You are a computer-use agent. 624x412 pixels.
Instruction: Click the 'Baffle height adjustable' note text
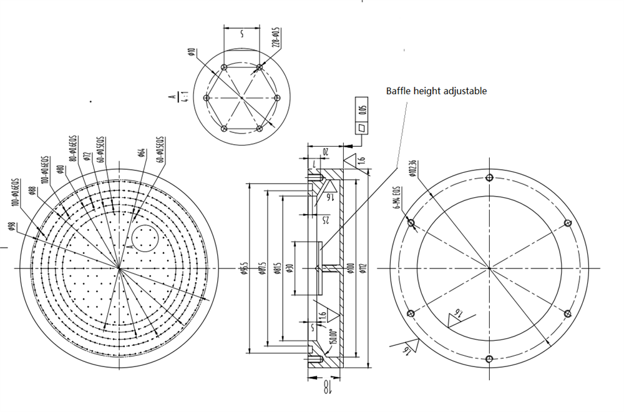436,91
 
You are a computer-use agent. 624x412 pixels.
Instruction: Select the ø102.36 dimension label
412,168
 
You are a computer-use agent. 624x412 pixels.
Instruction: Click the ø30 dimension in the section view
290,268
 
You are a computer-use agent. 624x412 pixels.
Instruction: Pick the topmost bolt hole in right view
489,177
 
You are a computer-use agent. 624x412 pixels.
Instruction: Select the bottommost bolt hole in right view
489,358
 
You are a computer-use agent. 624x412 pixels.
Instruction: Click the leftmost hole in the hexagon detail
207,98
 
